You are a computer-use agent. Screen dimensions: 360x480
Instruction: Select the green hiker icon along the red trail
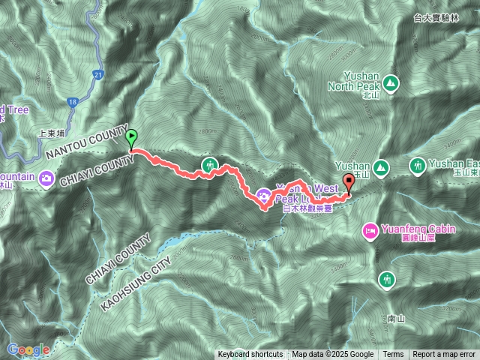point(210,164)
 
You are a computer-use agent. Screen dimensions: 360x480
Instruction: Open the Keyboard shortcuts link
point(250,355)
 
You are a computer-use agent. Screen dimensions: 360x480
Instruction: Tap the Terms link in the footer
point(393,355)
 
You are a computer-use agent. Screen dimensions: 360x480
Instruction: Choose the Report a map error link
point(444,355)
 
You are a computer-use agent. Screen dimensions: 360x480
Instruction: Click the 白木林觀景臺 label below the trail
point(307,209)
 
